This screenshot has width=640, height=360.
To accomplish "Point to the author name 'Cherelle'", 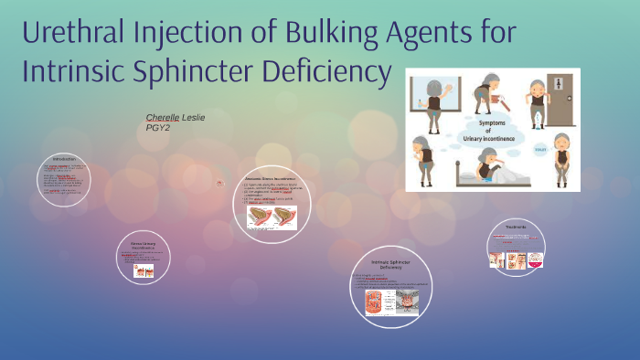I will point(163,118).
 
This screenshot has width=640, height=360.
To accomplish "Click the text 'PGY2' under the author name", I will point(158,128).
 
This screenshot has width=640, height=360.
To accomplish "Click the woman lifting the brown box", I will point(484,90).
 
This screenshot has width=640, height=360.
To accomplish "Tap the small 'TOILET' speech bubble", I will point(539,147).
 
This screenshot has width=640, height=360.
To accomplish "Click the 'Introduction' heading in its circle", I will point(65,160).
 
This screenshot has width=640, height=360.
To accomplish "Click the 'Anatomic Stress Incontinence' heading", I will point(272,179).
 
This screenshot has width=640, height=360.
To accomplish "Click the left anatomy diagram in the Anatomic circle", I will point(260,217).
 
